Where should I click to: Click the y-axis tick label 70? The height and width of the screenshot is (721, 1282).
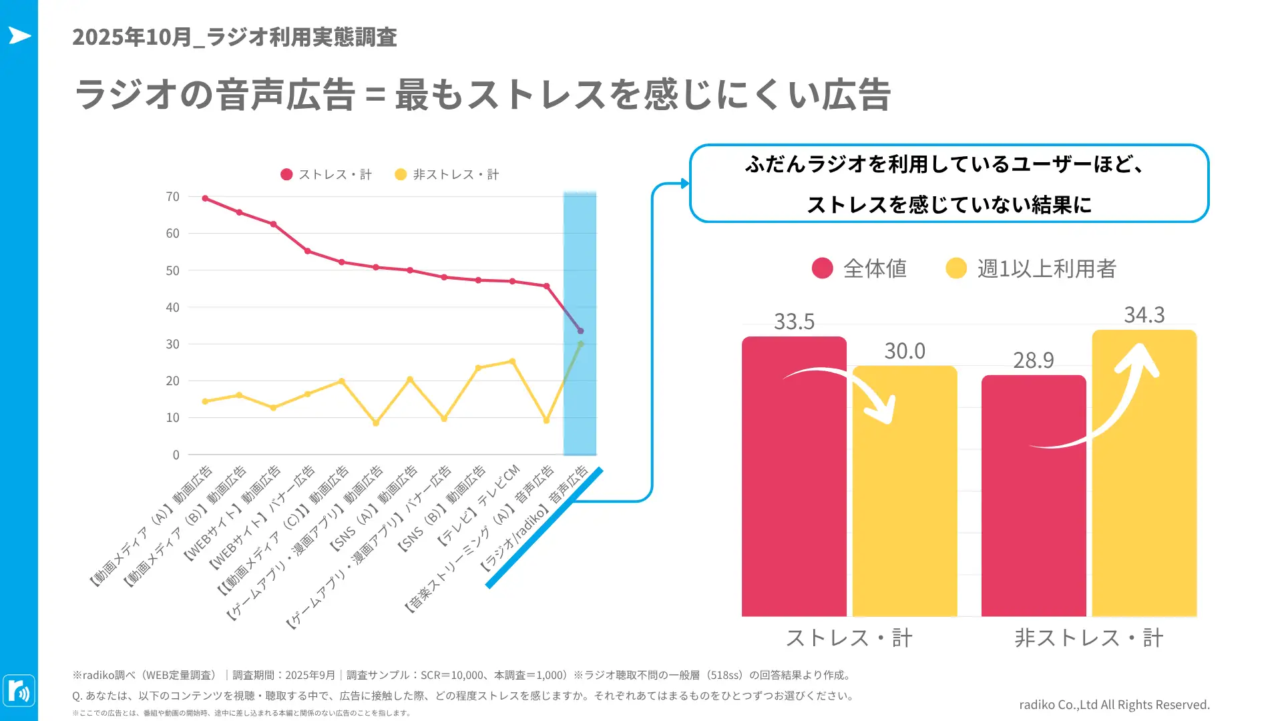[172, 197]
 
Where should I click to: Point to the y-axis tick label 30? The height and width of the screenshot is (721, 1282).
[172, 344]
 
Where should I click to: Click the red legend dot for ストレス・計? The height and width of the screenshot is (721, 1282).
[286, 174]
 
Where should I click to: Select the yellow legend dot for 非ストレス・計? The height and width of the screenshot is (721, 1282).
[401, 174]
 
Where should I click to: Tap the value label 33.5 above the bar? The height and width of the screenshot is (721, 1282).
[794, 322]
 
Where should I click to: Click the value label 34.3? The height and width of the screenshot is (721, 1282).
[1144, 314]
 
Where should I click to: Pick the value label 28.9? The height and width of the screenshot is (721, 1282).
[1033, 360]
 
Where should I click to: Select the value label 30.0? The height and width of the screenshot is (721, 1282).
[905, 351]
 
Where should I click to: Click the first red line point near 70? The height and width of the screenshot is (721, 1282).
[205, 198]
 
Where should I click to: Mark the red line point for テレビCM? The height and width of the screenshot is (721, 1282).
[512, 281]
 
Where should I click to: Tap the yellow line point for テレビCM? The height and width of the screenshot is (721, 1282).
[512, 361]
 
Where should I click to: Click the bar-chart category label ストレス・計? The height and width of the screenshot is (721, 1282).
[849, 638]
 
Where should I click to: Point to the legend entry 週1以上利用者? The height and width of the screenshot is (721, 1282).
[1046, 268]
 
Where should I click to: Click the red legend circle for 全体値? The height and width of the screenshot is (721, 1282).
[822, 268]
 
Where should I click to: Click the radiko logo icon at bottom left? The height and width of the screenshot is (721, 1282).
[19, 690]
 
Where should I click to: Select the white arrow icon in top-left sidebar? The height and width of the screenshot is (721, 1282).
[19, 35]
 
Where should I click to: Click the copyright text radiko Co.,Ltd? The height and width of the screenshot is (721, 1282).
[1114, 704]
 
